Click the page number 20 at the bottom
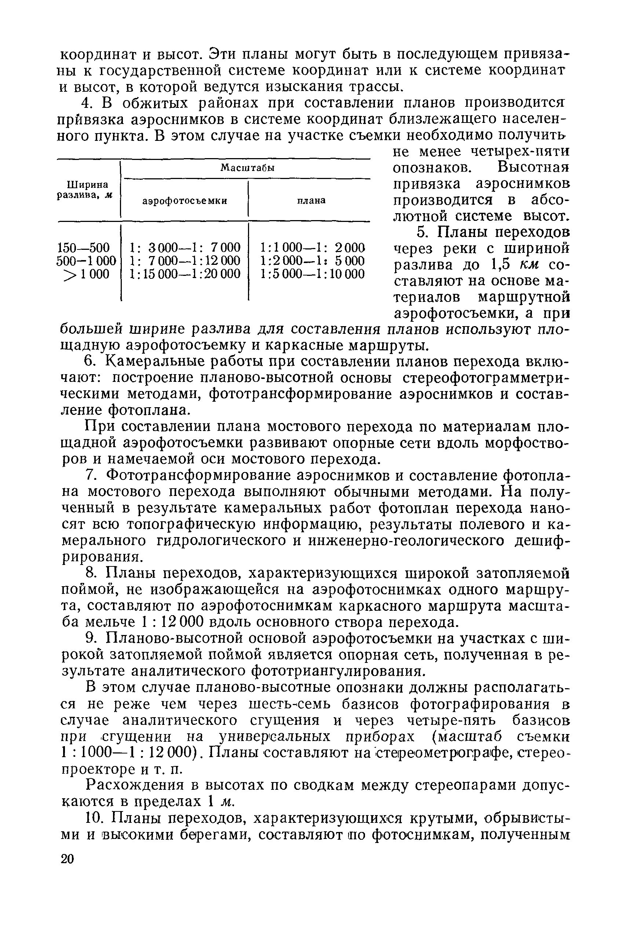(67, 860)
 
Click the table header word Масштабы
(248, 168)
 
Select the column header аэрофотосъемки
(185, 201)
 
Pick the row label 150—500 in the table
(84, 248)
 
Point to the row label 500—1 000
(86, 261)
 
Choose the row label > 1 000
(86, 274)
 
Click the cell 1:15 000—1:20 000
(185, 274)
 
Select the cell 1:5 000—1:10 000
(312, 274)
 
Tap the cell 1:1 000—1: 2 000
(312, 248)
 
